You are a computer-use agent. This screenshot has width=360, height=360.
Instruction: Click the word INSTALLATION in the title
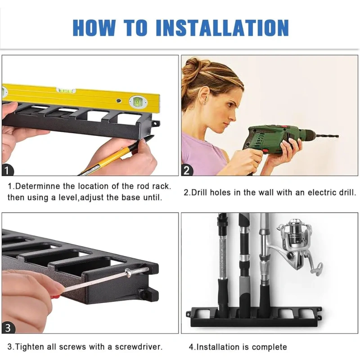tap(222, 28)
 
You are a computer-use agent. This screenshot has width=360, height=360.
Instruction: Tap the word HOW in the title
tap(94, 28)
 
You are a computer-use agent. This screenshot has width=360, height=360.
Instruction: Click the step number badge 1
tap(8, 171)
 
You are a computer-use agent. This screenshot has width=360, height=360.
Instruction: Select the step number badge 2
tap(187, 171)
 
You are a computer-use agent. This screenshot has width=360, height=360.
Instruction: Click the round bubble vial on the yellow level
tap(137, 102)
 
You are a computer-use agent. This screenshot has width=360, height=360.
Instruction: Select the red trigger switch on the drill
tap(265, 151)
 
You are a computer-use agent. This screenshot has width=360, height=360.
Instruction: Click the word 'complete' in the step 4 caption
tap(269, 347)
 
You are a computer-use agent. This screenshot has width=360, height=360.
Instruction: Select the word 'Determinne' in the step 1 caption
tap(38, 186)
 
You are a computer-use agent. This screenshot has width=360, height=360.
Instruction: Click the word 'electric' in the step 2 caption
tap(322, 193)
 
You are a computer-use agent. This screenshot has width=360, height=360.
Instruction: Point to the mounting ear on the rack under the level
tap(155, 123)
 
